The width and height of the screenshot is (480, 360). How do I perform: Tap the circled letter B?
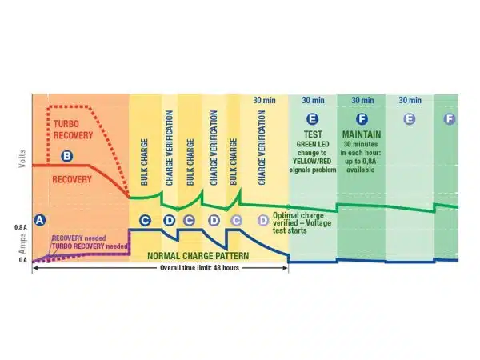point(67,155)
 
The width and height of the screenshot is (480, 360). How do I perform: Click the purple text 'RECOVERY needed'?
point(77,238)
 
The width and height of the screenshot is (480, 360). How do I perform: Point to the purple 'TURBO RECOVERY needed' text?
point(89,247)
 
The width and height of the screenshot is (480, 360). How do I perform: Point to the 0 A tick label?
point(22,261)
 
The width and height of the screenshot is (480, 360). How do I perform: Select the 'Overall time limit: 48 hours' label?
point(160,269)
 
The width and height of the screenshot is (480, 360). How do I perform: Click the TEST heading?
point(312,131)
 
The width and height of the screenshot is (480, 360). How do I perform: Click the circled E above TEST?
point(312,118)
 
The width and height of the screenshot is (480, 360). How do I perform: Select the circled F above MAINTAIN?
point(362,118)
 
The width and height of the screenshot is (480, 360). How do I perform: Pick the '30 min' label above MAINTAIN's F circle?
point(362,100)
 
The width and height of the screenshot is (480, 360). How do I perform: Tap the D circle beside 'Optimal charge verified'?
point(263,219)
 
